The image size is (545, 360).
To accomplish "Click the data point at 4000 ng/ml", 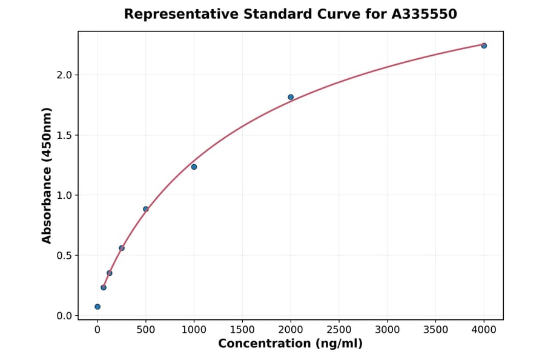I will [484, 45].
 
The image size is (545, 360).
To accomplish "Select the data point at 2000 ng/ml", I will [291, 97].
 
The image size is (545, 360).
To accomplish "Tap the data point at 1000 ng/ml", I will [194, 167].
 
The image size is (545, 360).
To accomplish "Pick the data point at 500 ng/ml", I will [146, 209].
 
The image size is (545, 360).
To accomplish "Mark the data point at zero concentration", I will [97, 307].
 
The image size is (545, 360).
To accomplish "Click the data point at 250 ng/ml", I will [122, 248].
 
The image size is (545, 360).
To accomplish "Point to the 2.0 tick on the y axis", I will [64, 75].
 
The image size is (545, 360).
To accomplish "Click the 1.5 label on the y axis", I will [64, 135].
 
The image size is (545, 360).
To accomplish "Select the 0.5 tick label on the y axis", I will [64, 255].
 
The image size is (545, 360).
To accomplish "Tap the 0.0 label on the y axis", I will [64, 316].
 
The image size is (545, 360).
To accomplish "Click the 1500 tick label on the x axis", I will [242, 330].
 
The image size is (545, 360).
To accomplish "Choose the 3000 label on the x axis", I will [387, 330].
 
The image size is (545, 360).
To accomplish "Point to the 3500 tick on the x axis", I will [435, 330].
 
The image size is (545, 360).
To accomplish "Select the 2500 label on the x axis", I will [339, 330].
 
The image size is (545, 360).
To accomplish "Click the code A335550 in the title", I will [424, 14].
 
